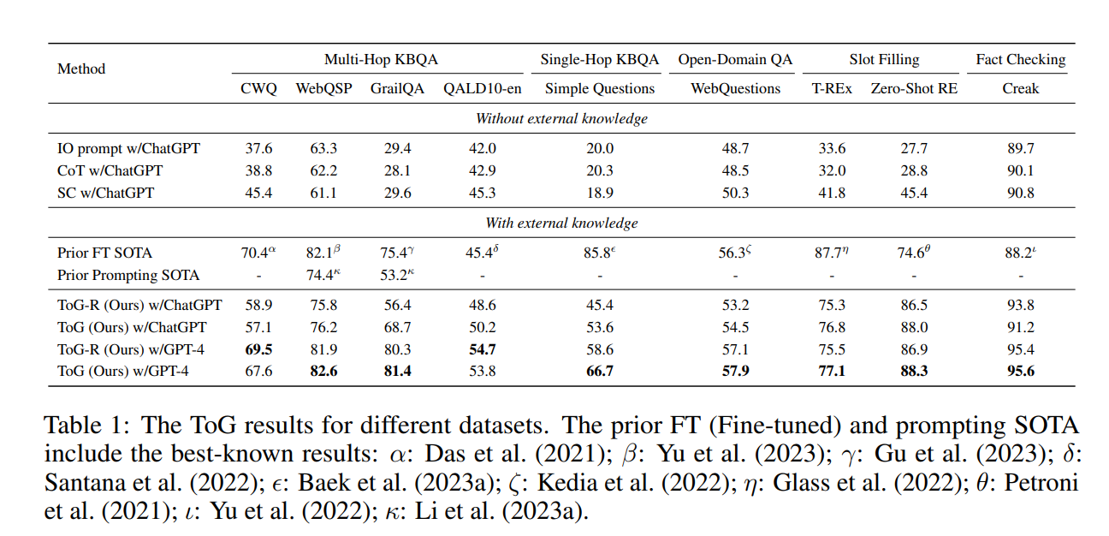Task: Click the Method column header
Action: (81, 68)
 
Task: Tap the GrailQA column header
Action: (397, 88)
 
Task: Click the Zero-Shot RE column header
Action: (914, 88)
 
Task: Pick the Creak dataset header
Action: (1020, 88)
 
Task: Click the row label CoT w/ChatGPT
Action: (110, 170)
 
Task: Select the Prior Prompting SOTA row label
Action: (128, 275)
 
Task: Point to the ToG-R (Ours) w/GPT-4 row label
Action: (131, 348)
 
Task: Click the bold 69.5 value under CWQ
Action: (258, 348)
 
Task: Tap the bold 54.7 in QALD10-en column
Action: (481, 348)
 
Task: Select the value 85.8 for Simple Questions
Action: (598, 253)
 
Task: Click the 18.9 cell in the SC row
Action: (599, 193)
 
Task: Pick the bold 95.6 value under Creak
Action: (1020, 371)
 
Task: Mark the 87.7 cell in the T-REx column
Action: (830, 253)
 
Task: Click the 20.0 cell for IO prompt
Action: (599, 148)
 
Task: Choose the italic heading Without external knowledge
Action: (561, 118)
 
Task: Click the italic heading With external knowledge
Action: (561, 223)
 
